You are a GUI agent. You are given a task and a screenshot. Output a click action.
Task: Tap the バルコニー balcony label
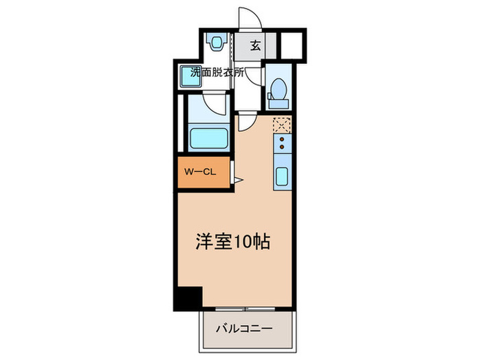tap(245, 329)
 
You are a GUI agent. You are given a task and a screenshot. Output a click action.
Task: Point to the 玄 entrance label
tap(254, 47)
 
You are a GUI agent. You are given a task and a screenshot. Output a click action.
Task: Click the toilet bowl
tap(278, 88)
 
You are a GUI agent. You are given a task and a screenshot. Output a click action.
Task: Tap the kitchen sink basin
tap(283, 176)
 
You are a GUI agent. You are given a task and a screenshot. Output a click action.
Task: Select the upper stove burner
tap(282, 139)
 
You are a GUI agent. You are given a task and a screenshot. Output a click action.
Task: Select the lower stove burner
tap(282, 147)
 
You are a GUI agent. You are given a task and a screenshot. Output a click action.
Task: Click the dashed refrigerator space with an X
tap(282, 124)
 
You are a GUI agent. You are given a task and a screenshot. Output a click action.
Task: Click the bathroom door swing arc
tap(219, 104)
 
